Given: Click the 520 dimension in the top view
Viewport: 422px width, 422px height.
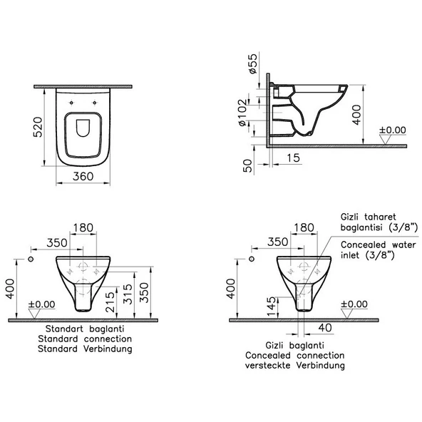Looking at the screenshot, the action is (38, 127).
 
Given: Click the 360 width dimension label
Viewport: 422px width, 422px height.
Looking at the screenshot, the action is (83, 177).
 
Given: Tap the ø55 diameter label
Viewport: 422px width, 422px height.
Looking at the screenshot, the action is (253, 63).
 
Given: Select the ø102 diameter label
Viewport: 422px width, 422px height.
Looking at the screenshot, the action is (242, 113).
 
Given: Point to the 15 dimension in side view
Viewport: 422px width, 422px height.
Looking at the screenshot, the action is (293, 158).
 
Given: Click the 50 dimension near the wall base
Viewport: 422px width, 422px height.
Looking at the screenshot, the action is (247, 166).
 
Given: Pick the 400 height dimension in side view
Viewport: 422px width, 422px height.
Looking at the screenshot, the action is (356, 115).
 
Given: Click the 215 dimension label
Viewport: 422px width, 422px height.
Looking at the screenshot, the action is (110, 302).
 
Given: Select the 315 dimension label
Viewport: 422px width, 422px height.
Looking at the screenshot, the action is (128, 294).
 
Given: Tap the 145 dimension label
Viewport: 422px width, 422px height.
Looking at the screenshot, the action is (272, 307).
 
